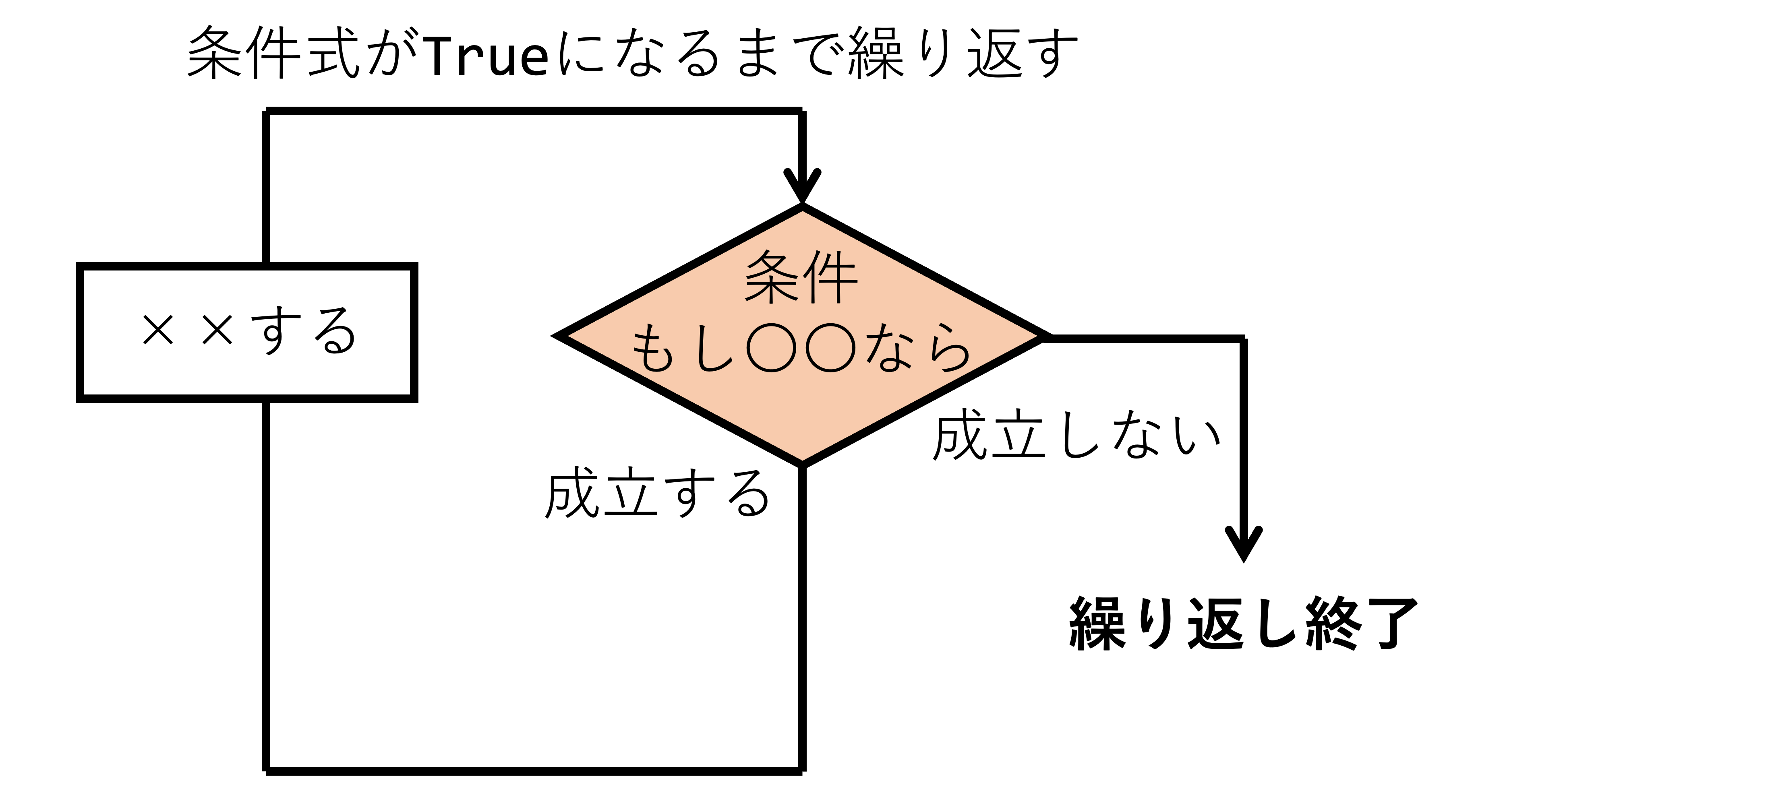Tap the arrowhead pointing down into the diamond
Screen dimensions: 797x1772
(x=802, y=186)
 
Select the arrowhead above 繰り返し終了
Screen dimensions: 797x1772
(x=1244, y=543)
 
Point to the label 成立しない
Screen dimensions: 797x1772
(x=1076, y=435)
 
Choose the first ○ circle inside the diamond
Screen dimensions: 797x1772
(x=771, y=347)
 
